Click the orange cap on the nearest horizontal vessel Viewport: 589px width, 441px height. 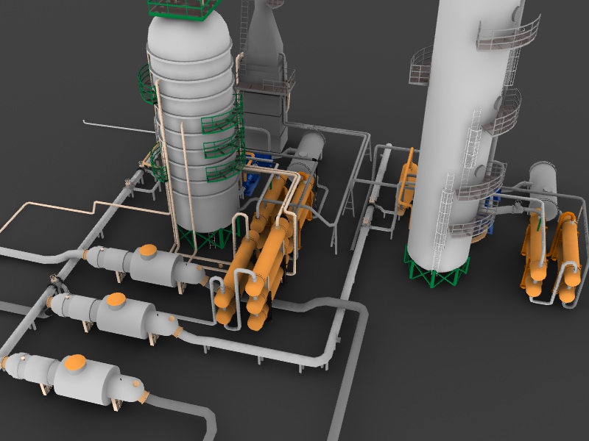[x=75, y=362]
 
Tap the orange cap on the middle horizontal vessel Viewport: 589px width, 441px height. [x=116, y=299]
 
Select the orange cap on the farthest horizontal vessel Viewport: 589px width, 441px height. [x=148, y=251]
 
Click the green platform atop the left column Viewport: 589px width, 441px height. [x=185, y=8]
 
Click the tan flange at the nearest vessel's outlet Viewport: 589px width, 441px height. [x=144, y=398]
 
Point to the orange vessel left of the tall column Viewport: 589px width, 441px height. [x=407, y=184]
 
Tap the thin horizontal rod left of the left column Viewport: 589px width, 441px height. [x=118, y=126]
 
